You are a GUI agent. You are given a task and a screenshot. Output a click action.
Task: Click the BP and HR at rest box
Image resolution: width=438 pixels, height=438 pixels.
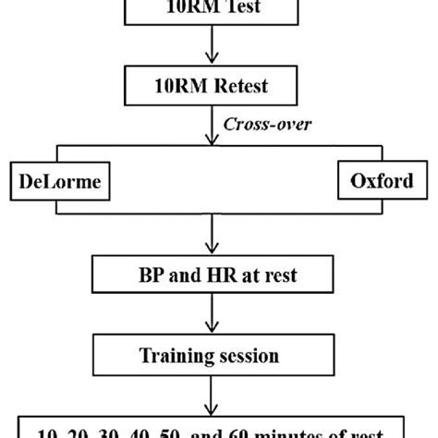click(218, 274)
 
